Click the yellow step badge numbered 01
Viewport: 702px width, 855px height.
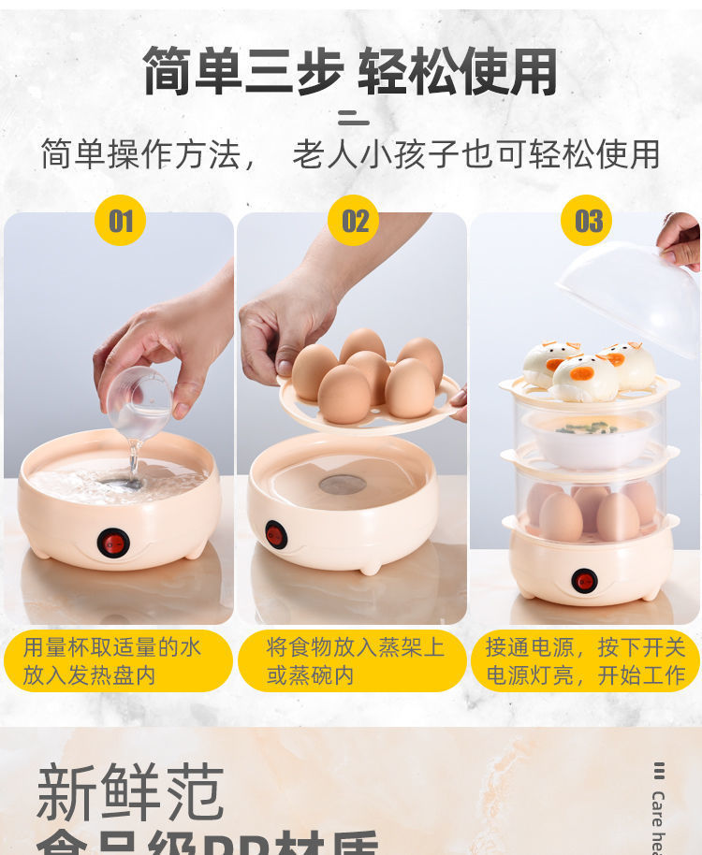coord(121,221)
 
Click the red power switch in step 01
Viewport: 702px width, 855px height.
coord(114,543)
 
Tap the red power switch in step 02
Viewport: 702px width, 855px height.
coord(275,534)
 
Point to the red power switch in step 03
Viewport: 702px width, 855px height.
coord(585,581)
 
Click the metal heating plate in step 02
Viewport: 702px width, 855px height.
coord(343,485)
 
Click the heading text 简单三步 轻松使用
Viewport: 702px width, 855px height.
coord(350,72)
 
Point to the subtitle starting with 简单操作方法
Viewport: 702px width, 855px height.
coord(350,154)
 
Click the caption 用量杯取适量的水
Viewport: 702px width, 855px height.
coord(112,647)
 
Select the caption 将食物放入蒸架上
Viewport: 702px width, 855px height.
coord(355,647)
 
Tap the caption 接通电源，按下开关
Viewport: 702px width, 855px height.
coord(585,647)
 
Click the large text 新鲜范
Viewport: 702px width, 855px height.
coord(131,792)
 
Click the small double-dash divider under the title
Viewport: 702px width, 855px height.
coord(353,118)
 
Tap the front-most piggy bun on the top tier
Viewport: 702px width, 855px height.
coord(584,378)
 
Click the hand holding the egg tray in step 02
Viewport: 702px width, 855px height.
coord(285,323)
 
